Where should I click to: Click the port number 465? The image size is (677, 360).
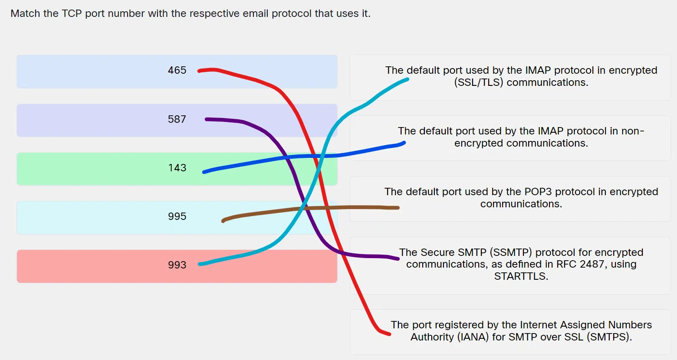[177, 70]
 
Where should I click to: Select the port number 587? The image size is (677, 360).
[177, 119]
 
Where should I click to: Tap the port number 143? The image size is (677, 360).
[177, 168]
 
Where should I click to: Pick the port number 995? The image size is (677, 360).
[177, 216]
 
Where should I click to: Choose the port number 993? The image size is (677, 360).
[177, 265]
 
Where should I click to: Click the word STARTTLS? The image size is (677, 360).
[521, 276]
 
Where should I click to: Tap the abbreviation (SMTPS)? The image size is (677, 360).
[609, 337]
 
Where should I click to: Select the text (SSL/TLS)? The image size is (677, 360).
[479, 82]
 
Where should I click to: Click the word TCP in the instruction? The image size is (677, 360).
[72, 13]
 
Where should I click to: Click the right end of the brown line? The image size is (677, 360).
[398, 208]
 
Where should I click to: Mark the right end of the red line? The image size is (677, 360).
[389, 334]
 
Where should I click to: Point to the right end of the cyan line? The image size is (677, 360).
[408, 79]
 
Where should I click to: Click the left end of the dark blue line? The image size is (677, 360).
[204, 172]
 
